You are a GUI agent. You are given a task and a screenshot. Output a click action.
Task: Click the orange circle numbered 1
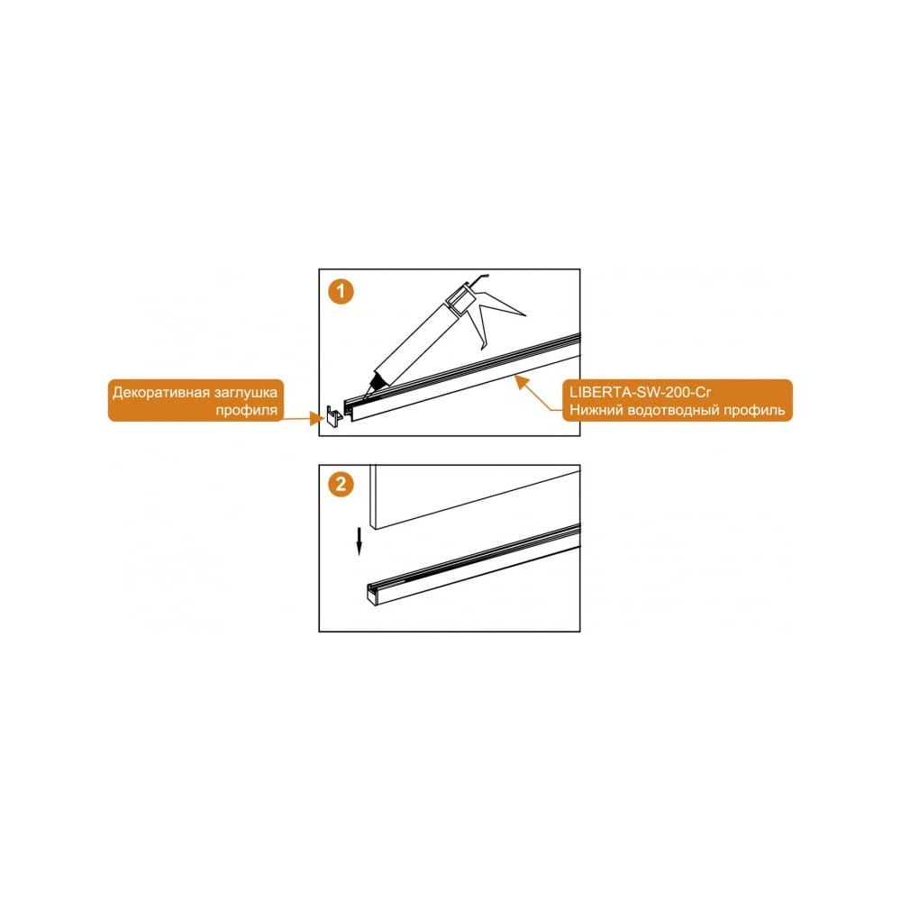tap(341, 291)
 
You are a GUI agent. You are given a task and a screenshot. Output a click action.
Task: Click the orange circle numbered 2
tap(341, 484)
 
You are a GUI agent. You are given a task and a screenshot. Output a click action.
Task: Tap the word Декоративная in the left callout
tap(161, 393)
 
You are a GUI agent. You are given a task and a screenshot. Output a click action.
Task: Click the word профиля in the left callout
tap(247, 410)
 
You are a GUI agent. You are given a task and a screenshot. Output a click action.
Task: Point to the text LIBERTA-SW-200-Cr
tap(640, 392)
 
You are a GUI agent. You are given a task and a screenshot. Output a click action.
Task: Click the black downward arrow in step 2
tap(359, 542)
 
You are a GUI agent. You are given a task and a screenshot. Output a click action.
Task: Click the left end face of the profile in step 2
tap(373, 594)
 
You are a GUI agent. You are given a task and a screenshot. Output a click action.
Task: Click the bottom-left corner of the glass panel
tap(371, 529)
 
